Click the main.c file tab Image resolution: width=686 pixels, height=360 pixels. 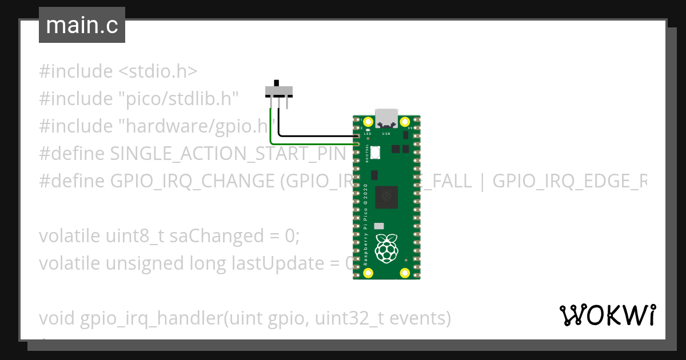tap(82, 26)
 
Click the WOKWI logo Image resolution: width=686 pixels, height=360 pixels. tap(607, 315)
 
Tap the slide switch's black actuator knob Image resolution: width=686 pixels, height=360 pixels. tap(278, 83)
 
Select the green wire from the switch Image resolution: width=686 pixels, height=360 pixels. tap(271, 131)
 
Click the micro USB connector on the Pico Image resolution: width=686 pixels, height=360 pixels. tap(386, 118)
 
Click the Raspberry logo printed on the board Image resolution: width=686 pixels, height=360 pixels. tap(386, 246)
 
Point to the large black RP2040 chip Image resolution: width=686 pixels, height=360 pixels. tap(386, 197)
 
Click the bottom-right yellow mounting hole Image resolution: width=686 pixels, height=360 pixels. tap(405, 272)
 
